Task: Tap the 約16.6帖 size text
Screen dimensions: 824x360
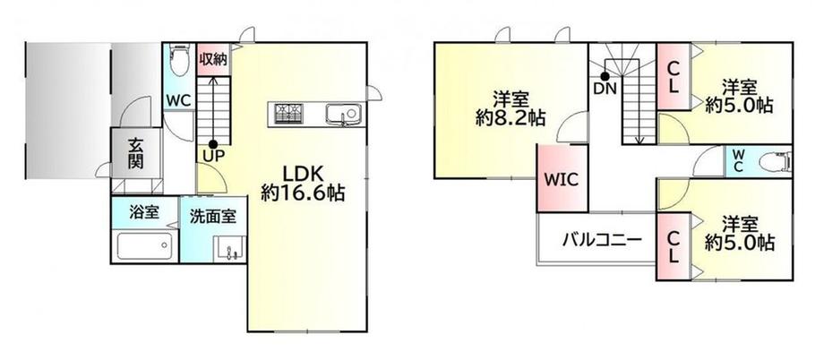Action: pos(303,192)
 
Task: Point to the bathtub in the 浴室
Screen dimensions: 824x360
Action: pos(143,244)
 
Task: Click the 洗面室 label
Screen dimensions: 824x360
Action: pos(211,216)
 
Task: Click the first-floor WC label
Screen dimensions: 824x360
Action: pos(176,100)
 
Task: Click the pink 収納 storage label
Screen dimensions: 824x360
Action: pos(212,59)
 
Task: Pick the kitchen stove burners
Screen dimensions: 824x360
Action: pos(288,113)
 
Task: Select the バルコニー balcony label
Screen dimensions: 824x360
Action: pos(601,240)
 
